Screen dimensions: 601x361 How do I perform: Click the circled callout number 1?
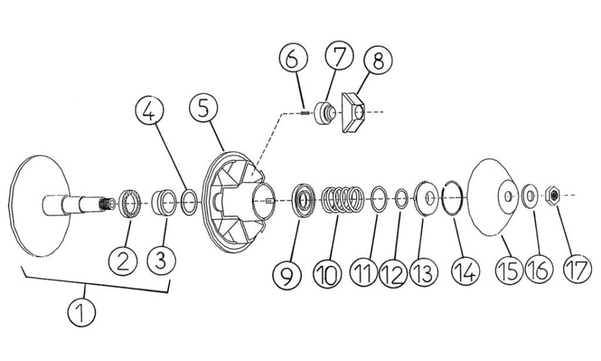coord(81,313)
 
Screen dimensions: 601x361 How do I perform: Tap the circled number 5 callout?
coord(203,108)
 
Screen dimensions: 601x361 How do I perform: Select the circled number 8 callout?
coord(378,60)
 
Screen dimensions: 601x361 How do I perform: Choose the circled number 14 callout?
coord(465,271)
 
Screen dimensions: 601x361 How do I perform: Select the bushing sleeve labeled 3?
coord(164,202)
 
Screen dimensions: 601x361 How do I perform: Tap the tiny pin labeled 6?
coord(305,113)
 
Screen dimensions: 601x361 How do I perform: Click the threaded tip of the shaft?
coord(107,204)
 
